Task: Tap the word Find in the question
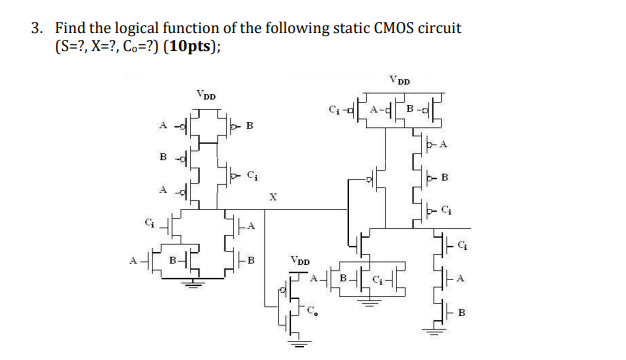70,27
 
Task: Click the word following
305,27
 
